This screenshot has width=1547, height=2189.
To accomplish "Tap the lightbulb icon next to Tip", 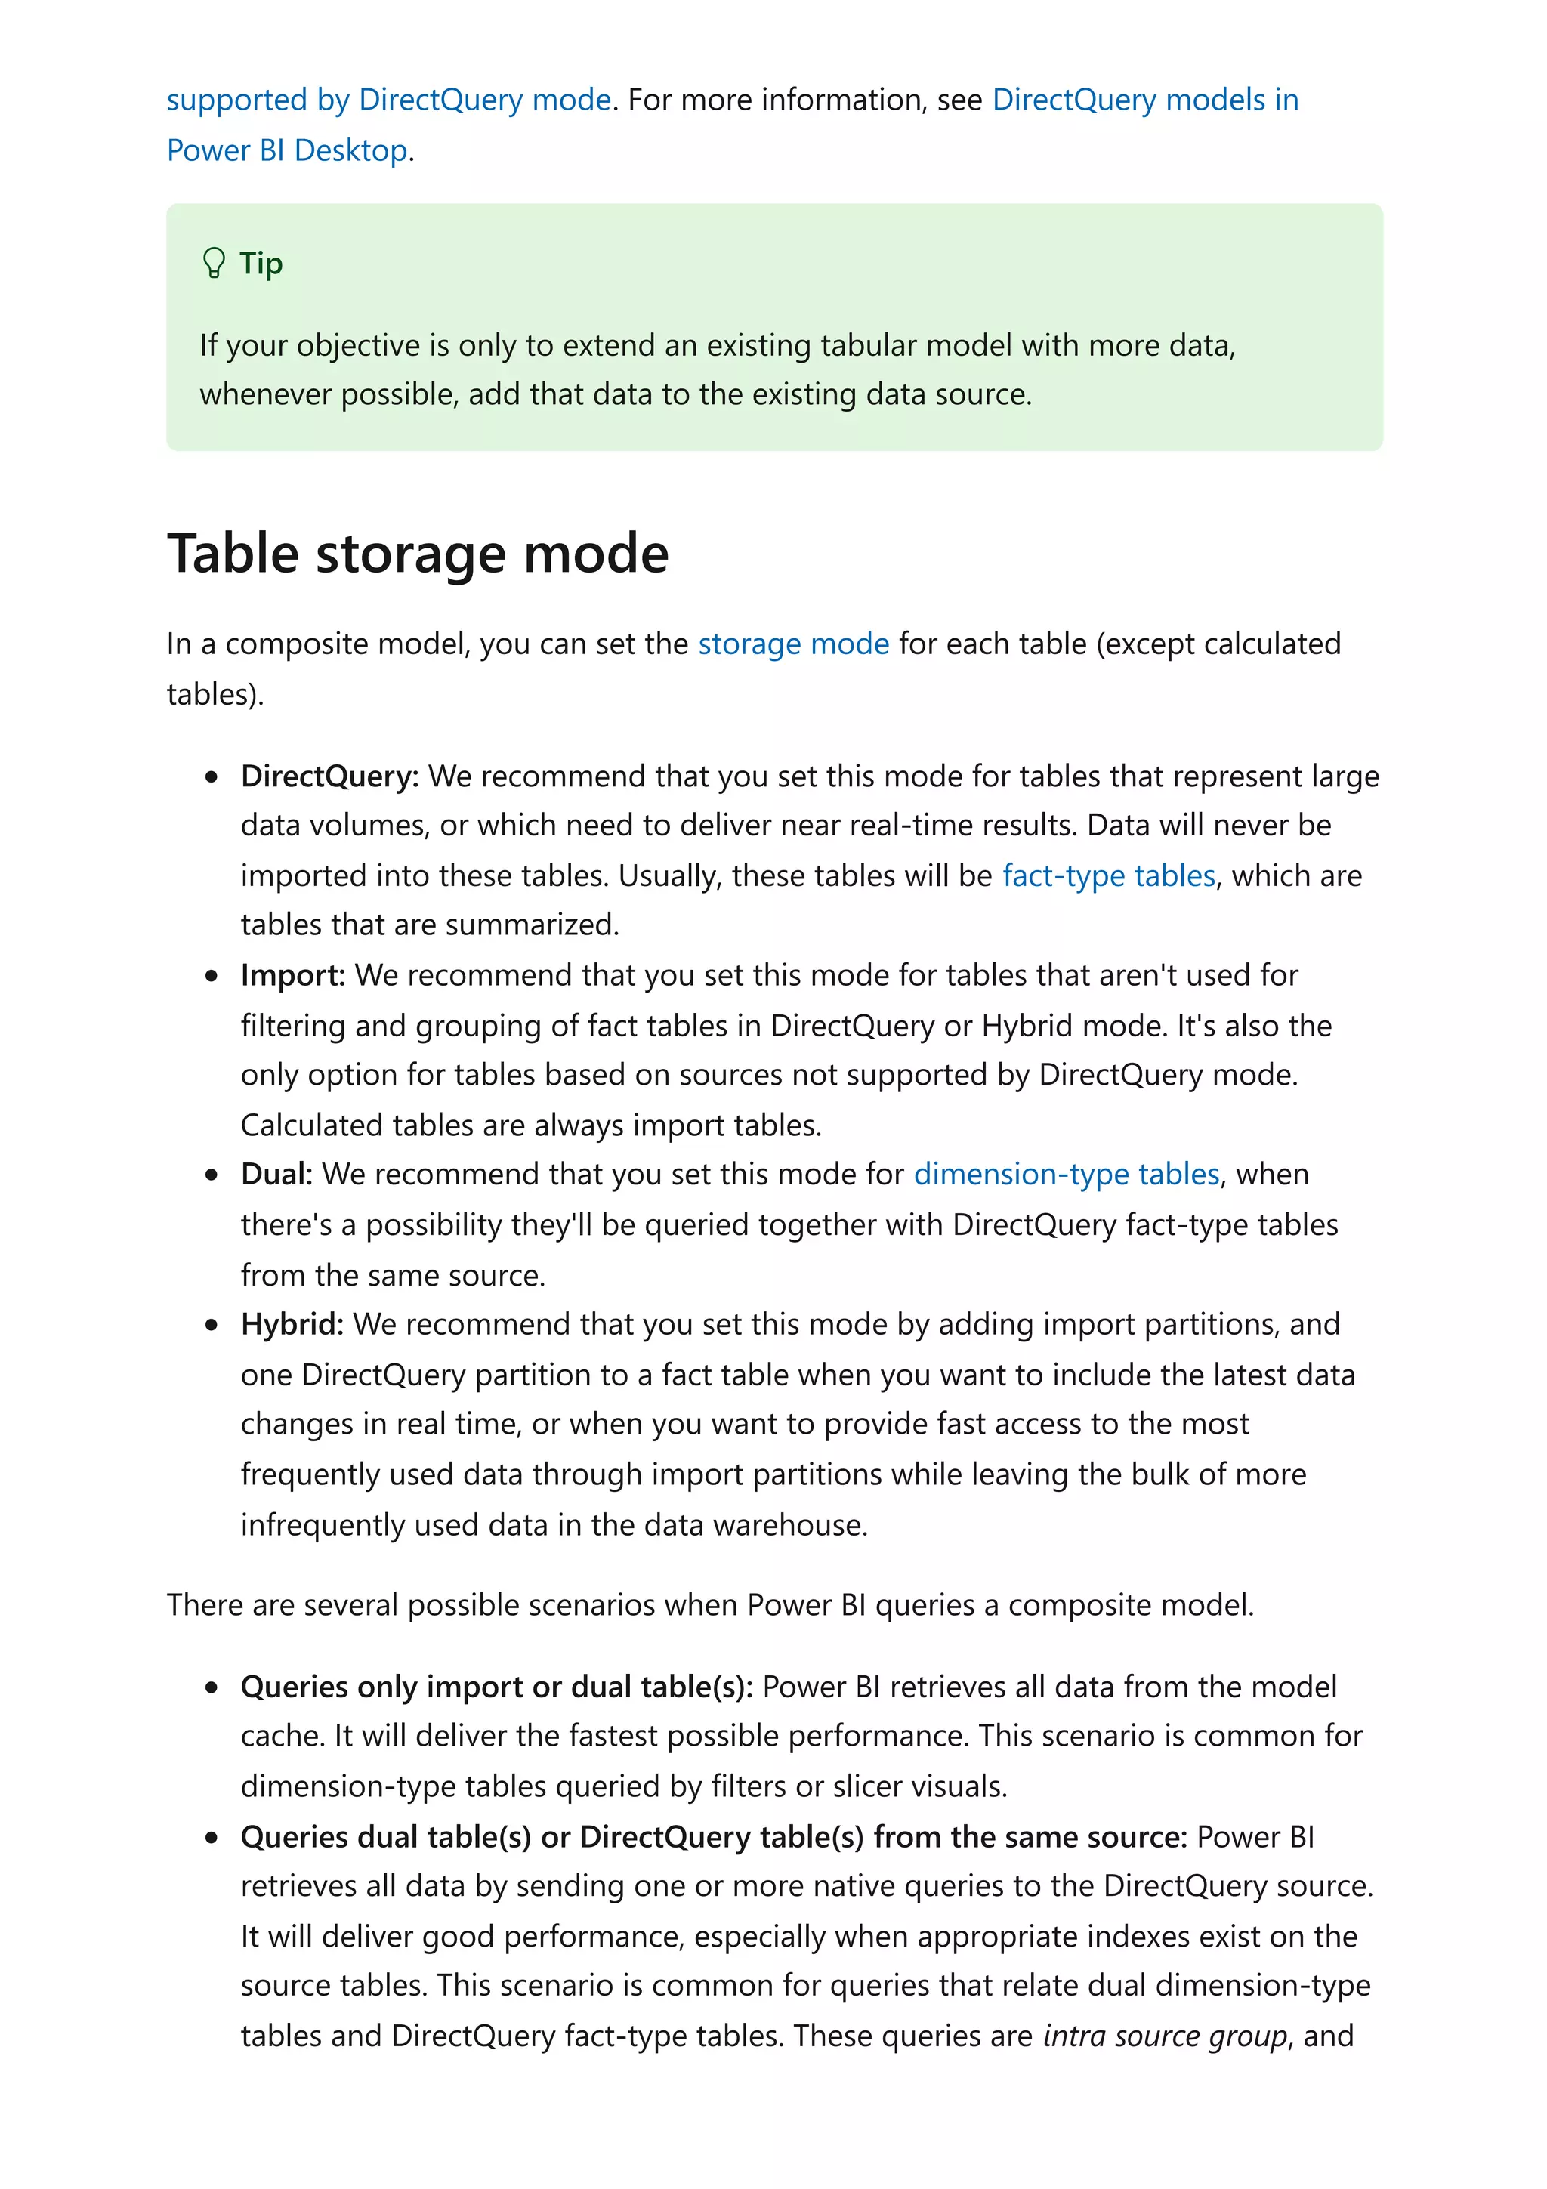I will click(214, 262).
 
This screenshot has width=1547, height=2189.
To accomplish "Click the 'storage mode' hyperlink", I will click(793, 644).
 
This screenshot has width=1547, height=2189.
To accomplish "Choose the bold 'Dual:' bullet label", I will click(276, 1174).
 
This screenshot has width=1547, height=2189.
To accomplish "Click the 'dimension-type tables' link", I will click(1066, 1174).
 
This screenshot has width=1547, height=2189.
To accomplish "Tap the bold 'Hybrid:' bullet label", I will click(292, 1324).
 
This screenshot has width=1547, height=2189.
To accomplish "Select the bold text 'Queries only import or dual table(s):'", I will click(496, 1687).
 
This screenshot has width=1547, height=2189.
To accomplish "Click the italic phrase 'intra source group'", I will click(1165, 2036).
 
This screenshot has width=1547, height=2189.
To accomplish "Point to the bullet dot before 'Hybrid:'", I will click(212, 1325).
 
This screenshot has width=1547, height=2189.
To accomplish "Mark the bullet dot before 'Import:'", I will click(212, 976).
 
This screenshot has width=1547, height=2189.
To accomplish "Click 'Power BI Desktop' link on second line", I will click(287, 150).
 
